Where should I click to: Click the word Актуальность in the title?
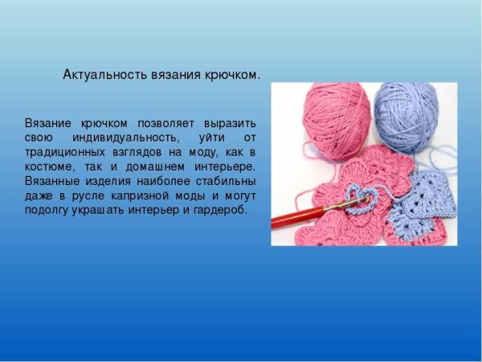click(x=104, y=75)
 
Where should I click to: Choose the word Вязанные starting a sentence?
click(x=51, y=181)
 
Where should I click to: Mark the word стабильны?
click(x=227, y=181)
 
